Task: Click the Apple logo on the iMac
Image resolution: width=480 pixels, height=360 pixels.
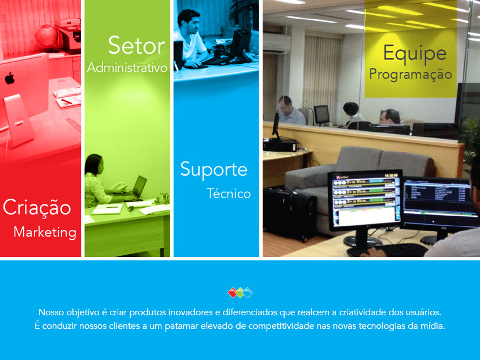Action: [x=10, y=78]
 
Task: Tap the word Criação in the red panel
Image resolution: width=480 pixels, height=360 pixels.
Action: [x=37, y=207]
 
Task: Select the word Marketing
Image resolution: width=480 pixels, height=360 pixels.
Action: [x=45, y=232]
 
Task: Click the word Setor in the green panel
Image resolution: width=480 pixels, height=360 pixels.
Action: [x=136, y=45]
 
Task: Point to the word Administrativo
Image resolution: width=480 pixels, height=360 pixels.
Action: [x=127, y=68]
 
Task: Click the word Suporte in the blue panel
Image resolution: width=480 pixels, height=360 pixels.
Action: [x=213, y=169]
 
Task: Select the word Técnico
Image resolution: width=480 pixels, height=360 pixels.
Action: [x=229, y=194]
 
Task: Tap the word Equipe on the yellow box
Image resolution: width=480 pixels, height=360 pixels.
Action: [x=415, y=54]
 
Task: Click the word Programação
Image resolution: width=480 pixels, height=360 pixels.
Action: [x=410, y=75]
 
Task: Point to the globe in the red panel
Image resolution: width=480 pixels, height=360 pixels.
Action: [x=46, y=36]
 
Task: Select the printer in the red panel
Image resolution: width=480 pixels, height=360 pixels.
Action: [x=68, y=35]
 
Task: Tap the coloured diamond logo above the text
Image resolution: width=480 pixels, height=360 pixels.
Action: [x=241, y=292]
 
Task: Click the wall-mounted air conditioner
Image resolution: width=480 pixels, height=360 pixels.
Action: [x=276, y=43]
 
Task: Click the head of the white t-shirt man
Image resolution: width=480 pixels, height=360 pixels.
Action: [x=188, y=22]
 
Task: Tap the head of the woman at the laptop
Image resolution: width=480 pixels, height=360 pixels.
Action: [x=95, y=165]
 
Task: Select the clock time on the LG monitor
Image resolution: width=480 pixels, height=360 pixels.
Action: [x=391, y=175]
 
